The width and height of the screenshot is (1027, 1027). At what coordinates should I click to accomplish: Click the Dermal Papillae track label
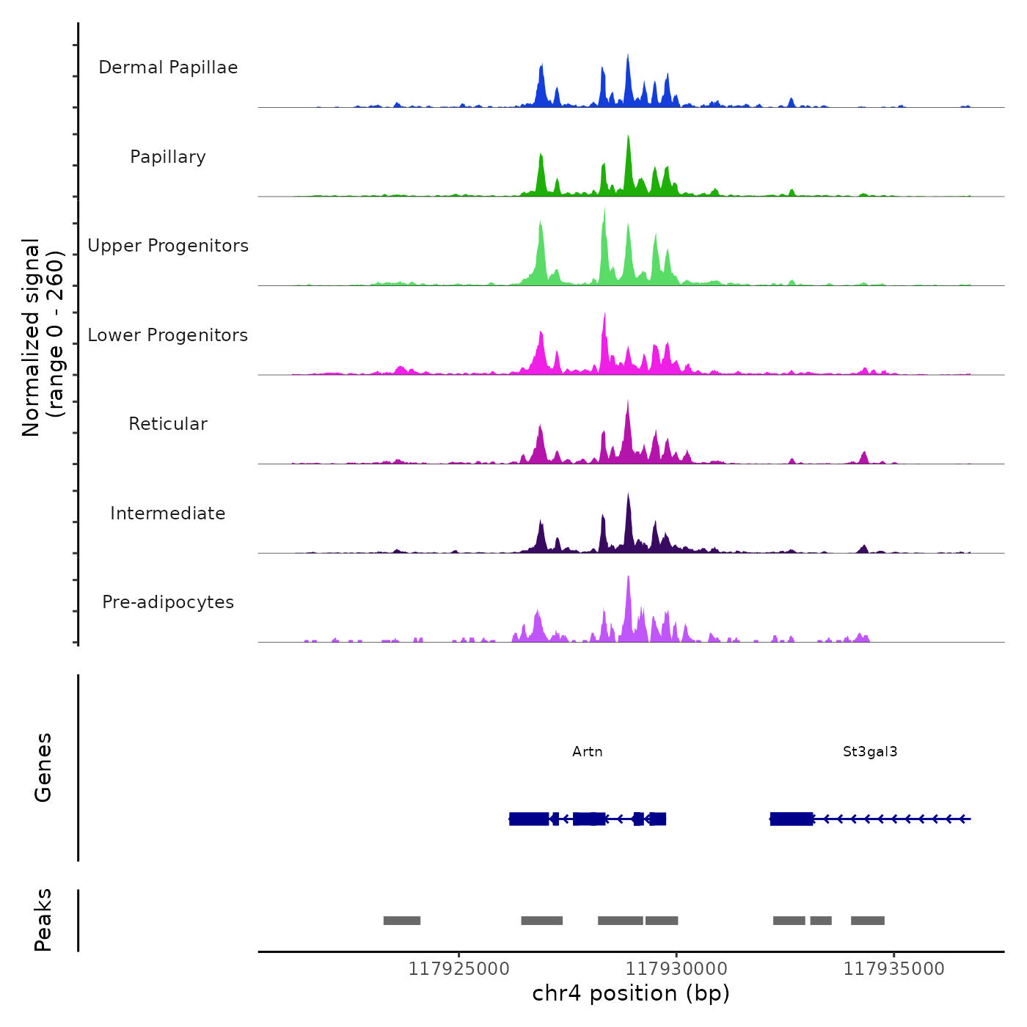(168, 67)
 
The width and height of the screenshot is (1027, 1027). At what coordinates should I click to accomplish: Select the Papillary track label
(168, 157)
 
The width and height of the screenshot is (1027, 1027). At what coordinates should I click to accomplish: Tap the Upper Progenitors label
(168, 246)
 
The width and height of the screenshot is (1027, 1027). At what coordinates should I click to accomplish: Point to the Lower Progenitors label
(168, 335)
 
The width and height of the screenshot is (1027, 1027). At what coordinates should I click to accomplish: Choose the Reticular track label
(168, 424)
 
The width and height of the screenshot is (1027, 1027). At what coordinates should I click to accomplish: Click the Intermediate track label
(168, 513)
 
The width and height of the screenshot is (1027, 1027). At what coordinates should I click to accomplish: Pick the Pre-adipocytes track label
(168, 602)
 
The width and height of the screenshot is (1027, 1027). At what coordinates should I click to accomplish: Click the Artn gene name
(588, 752)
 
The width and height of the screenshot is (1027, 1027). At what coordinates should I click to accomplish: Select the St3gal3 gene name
(870, 752)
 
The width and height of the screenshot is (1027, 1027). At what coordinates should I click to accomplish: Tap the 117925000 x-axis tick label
(458, 969)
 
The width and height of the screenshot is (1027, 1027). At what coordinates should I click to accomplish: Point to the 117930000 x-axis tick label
(676, 969)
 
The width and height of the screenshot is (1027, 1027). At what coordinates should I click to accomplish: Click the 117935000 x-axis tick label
(893, 969)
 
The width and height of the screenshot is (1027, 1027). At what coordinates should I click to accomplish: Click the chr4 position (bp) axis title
(631, 994)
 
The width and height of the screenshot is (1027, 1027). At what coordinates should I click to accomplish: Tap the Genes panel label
(43, 767)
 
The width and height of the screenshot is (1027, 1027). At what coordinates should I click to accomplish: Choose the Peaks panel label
(43, 920)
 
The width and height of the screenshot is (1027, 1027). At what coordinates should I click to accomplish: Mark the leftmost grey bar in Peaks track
(402, 921)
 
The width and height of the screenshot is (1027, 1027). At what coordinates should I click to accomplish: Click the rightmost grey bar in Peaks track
(868, 921)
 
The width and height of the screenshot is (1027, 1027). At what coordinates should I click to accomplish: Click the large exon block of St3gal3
(792, 819)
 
